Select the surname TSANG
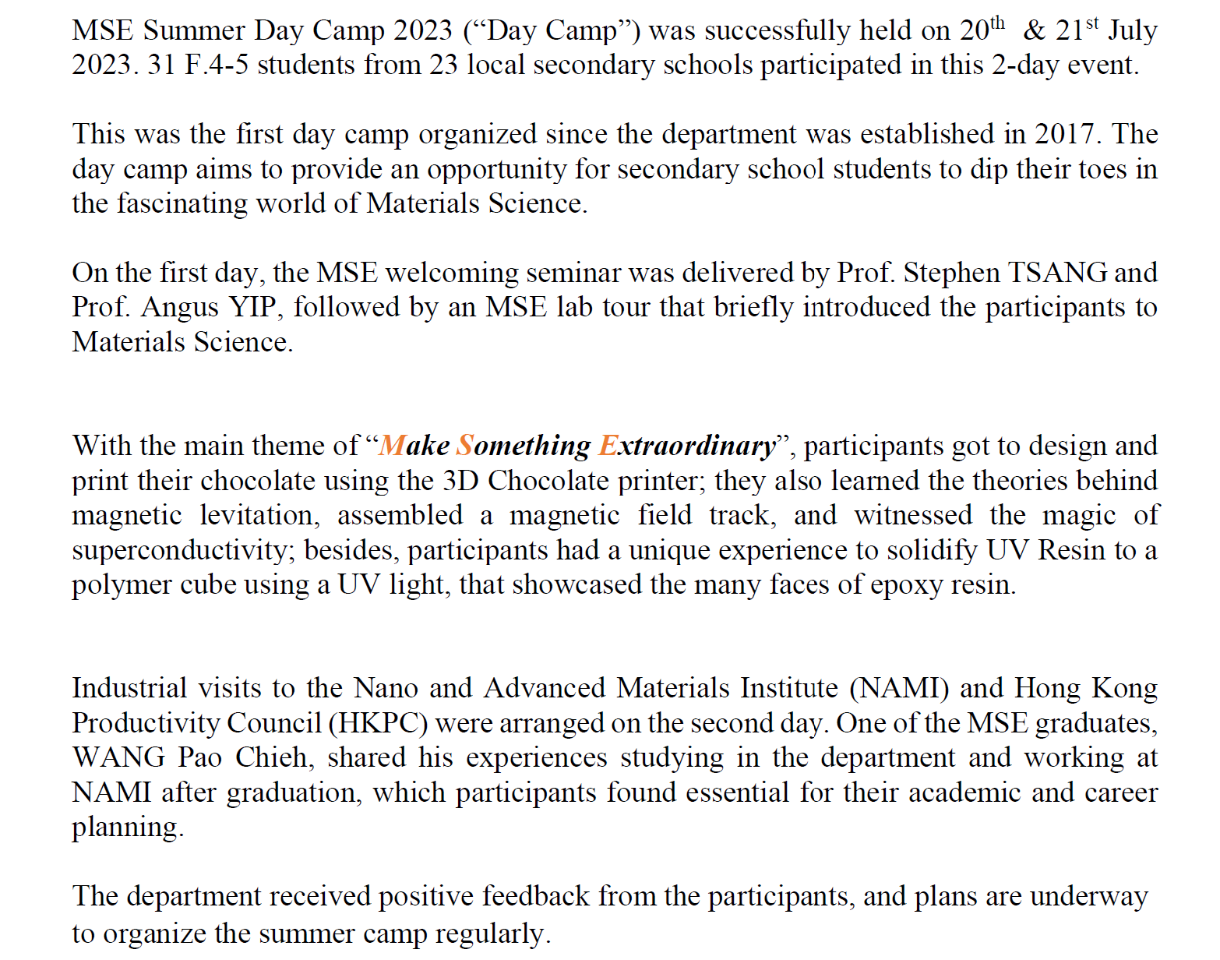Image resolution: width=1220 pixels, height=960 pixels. click(1057, 273)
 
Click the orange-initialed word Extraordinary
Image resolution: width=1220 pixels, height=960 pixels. click(688, 446)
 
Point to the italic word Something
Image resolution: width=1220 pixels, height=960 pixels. click(524, 446)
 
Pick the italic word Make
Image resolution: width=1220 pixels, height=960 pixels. click(414, 446)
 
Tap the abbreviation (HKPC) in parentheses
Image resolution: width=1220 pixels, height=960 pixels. click(378, 723)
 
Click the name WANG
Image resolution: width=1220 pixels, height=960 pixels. click(118, 757)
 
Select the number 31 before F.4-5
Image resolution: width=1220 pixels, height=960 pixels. click(161, 65)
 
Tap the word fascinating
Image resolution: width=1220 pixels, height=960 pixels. click(182, 203)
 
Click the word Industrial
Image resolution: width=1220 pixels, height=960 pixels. click(129, 688)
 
